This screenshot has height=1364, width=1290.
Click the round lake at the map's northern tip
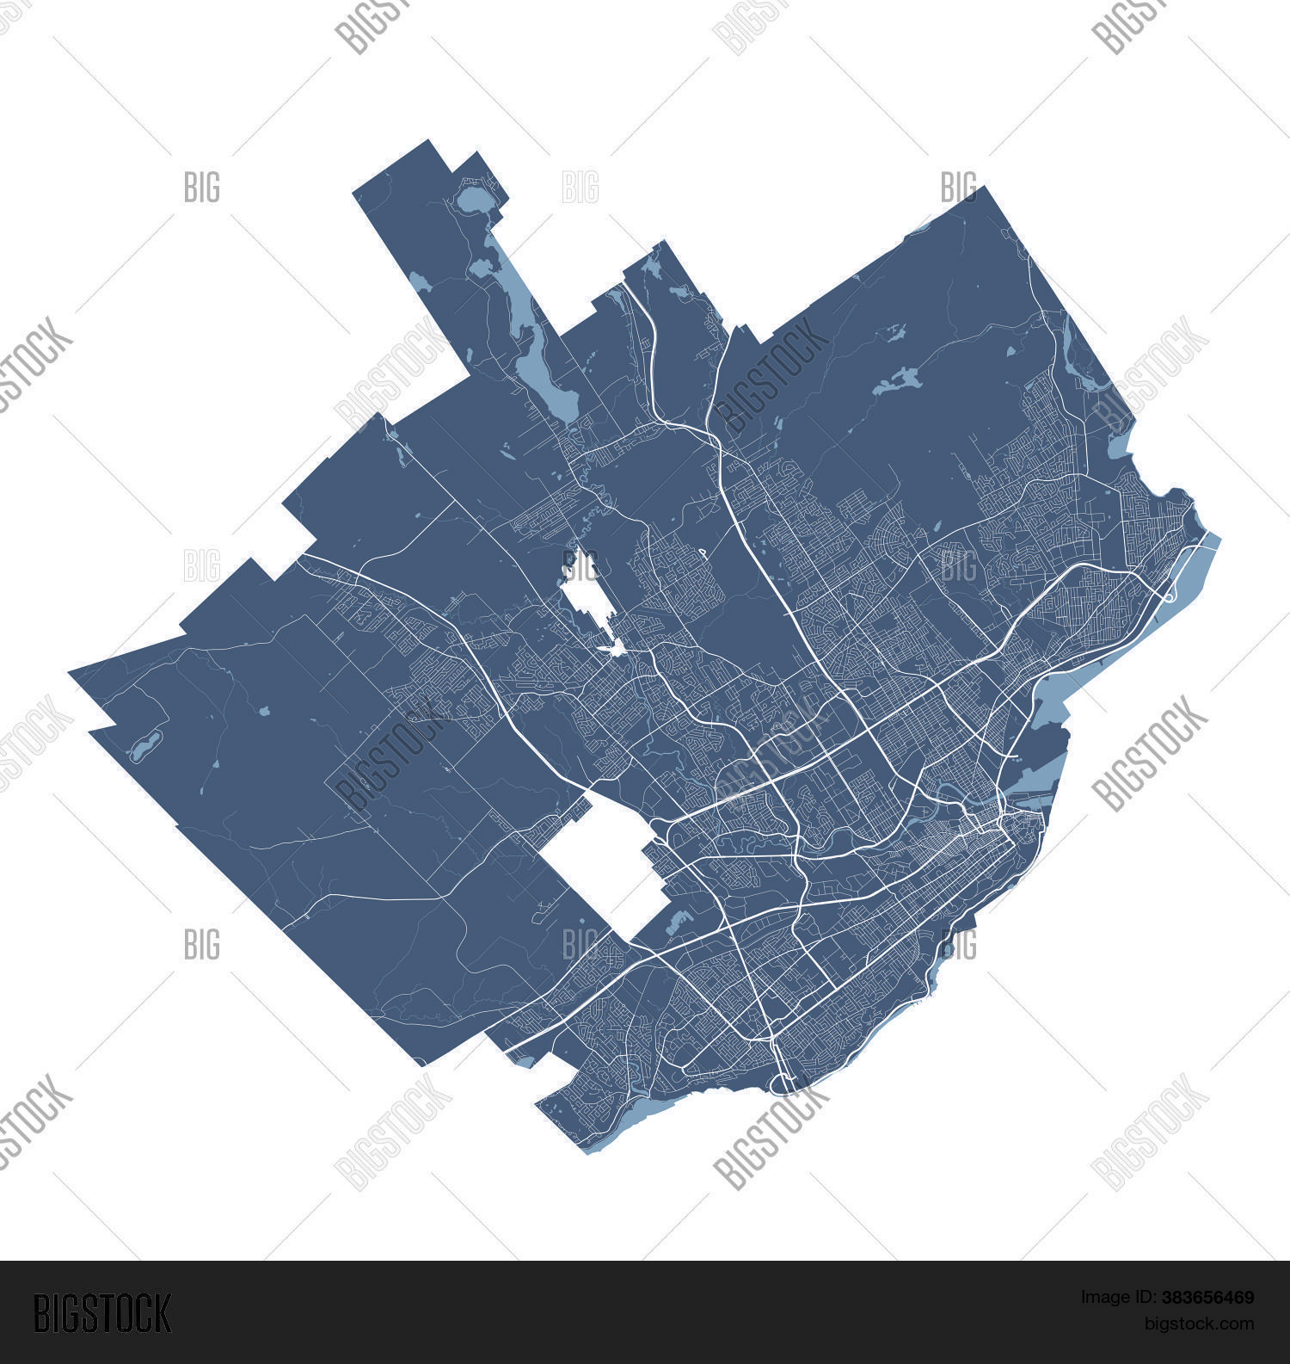tap(471, 203)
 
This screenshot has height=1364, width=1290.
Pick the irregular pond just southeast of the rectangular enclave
tap(679, 923)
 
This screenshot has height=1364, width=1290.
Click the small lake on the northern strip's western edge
tap(419, 282)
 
